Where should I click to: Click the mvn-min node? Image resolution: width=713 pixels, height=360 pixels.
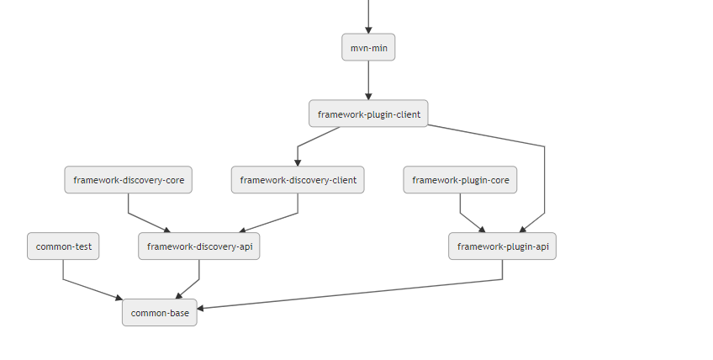point(368,47)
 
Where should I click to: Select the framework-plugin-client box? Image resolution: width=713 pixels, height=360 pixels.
point(368,114)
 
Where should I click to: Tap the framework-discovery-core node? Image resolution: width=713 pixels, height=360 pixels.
point(129,180)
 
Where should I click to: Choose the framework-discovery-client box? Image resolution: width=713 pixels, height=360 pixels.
point(298,180)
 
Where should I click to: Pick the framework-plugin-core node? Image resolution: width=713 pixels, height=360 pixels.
point(460,180)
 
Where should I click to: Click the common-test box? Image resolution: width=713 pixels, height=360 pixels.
point(63,246)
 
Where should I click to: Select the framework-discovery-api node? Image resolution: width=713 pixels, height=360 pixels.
point(199,246)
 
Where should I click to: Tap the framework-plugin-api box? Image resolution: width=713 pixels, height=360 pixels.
point(503,246)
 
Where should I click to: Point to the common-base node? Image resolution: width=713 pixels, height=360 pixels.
point(160,313)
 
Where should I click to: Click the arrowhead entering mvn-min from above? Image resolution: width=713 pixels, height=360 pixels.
point(368,30)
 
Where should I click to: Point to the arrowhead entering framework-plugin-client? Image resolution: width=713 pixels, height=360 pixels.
point(368,97)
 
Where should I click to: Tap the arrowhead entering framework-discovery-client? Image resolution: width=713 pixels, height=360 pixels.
point(298,163)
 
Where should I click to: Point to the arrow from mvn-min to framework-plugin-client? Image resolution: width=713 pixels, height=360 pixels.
point(368,80)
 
